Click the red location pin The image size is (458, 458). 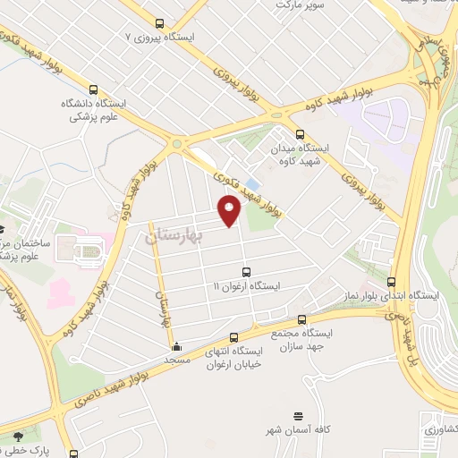click(230, 210)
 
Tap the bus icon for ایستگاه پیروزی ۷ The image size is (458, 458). click(159, 24)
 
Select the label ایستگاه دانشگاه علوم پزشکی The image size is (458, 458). click(94, 109)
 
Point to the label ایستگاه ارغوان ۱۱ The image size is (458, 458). click(246, 285)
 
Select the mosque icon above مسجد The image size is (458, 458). click(176, 346)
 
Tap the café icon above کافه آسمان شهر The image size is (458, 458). click(298, 417)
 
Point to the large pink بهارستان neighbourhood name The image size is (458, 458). click(174, 235)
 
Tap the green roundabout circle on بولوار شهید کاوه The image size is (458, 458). click(178, 143)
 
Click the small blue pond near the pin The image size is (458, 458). click(253, 185)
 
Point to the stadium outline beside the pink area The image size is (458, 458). click(86, 253)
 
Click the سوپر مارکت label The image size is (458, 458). click(300, 4)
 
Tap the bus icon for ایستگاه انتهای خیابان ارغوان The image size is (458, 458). click(233, 338)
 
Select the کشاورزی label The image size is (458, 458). click(440, 429)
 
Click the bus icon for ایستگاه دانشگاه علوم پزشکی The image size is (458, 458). click(94, 90)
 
